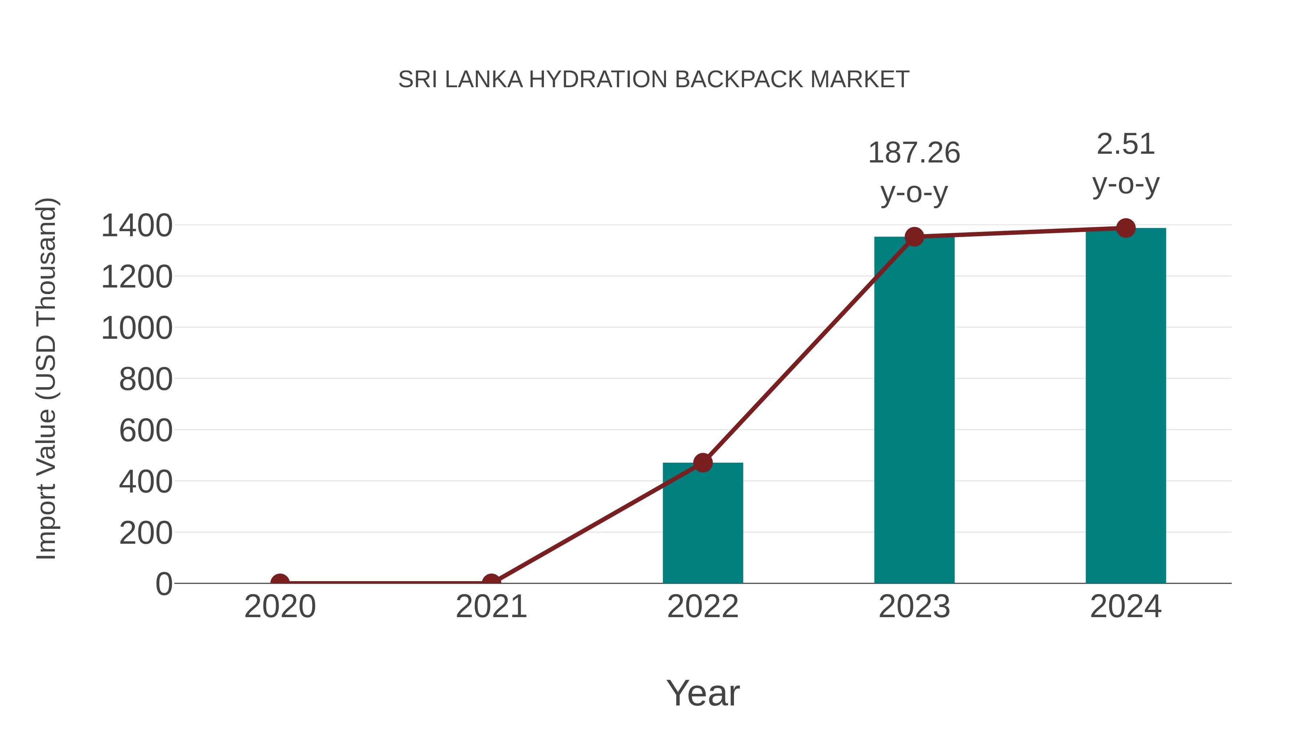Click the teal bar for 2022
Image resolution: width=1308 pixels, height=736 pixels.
[x=703, y=523]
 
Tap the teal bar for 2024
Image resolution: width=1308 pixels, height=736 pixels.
[x=1126, y=406]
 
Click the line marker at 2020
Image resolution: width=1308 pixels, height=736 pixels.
[x=280, y=582]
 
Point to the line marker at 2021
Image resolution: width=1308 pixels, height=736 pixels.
[x=491, y=582]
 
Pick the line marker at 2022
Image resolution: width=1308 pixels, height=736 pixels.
[x=703, y=463]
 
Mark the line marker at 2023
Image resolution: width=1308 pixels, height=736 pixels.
[x=914, y=237]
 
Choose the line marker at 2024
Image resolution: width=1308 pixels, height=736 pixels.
[x=1126, y=228]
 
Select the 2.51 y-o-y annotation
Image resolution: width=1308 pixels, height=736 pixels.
[x=1126, y=164]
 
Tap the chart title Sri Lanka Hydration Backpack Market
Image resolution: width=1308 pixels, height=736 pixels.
[x=654, y=79]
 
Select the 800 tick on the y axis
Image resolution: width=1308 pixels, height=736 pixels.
[x=146, y=379]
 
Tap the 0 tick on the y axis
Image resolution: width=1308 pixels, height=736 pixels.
[x=164, y=584]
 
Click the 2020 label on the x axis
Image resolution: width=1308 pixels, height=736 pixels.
[x=280, y=607]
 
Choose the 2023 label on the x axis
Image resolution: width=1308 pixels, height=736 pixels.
[x=914, y=607]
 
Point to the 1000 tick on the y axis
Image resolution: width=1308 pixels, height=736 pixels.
[x=137, y=328]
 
